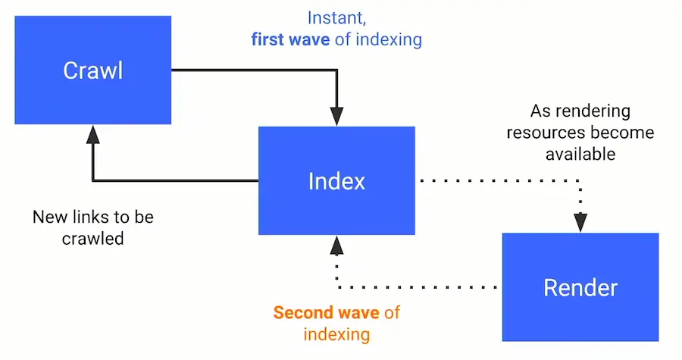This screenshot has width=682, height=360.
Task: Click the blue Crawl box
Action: pos(93,72)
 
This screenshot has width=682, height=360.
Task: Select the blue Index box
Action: pos(336,180)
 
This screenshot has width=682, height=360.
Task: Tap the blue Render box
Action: pos(580,287)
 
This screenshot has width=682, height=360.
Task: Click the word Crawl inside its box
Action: pos(93,72)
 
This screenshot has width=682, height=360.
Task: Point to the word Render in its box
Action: pos(580,288)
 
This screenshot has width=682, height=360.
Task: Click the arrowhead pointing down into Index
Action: pos(336,116)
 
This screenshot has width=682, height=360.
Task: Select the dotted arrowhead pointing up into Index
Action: pos(336,245)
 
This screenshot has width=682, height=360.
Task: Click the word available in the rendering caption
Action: pos(580,155)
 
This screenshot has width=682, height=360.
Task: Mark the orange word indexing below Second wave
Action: pos(336,334)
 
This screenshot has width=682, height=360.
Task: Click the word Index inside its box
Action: pos(336,181)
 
